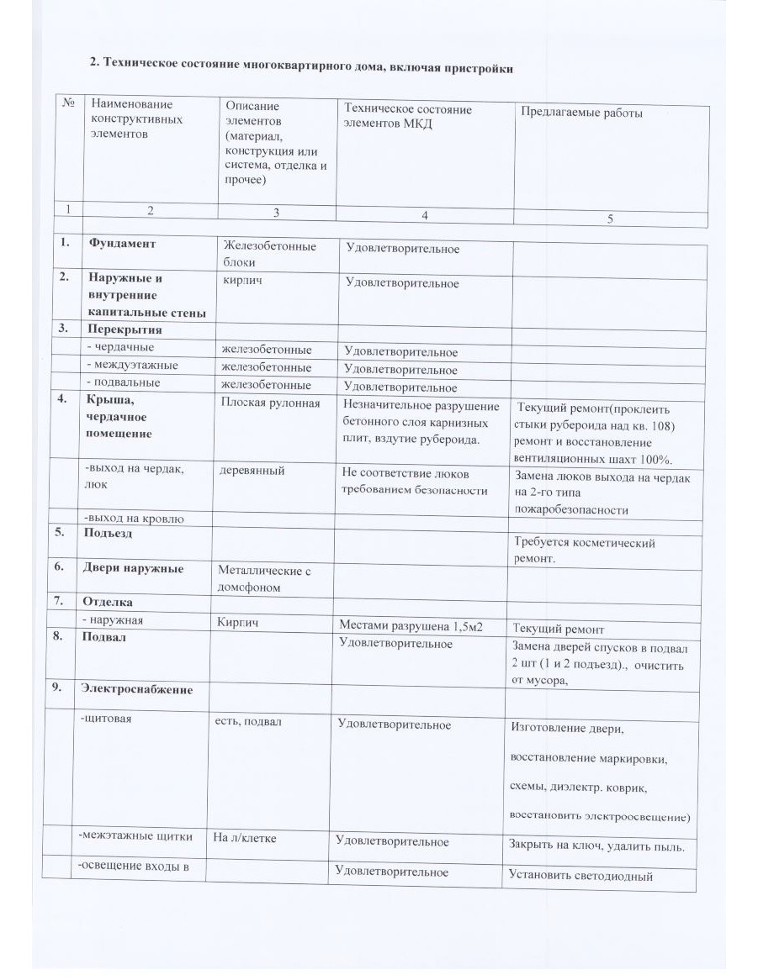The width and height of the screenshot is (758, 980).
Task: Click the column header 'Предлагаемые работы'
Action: [581, 113]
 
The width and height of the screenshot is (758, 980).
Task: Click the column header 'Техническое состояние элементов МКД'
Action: [408, 117]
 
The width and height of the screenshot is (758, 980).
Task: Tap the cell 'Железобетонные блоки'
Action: [269, 254]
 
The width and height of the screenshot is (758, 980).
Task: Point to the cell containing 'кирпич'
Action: [242, 280]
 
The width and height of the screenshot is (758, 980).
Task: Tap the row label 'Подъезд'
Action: [106, 533]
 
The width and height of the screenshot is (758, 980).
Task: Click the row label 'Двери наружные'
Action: [132, 568]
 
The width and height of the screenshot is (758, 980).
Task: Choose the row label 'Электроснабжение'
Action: [136, 689]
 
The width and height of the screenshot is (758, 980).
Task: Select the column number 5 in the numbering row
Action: [610, 219]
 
